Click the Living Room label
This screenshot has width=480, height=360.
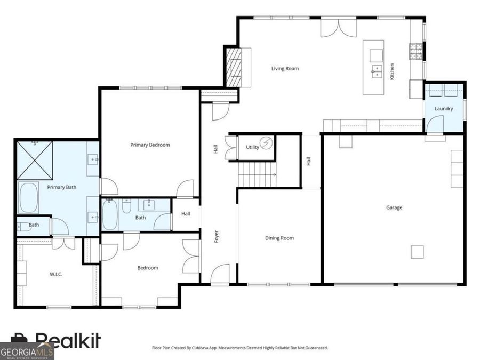[x=285, y=69]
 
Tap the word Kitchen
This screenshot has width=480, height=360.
[x=392, y=71]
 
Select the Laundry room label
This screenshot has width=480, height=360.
[x=444, y=109]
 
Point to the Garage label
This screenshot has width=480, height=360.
[x=394, y=207]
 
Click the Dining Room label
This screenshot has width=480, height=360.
[x=279, y=238]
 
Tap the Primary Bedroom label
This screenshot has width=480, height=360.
[x=150, y=145]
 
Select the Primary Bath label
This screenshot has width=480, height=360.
[x=61, y=187]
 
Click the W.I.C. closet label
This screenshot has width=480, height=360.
[x=55, y=274]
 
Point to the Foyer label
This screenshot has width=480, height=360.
[x=216, y=237]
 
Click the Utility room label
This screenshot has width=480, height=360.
[x=253, y=147]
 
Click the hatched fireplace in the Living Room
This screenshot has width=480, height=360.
[x=234, y=67]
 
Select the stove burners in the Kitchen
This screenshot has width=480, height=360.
[x=415, y=51]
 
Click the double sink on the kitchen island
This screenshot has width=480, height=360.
[x=377, y=71]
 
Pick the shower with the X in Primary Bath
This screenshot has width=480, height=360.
[x=35, y=160]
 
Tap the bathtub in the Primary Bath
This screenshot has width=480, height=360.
[x=28, y=198]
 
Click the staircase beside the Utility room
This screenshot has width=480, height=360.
[x=257, y=174]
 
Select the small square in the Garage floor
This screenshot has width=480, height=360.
[x=417, y=252]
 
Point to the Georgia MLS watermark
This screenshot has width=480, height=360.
[x=27, y=351]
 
